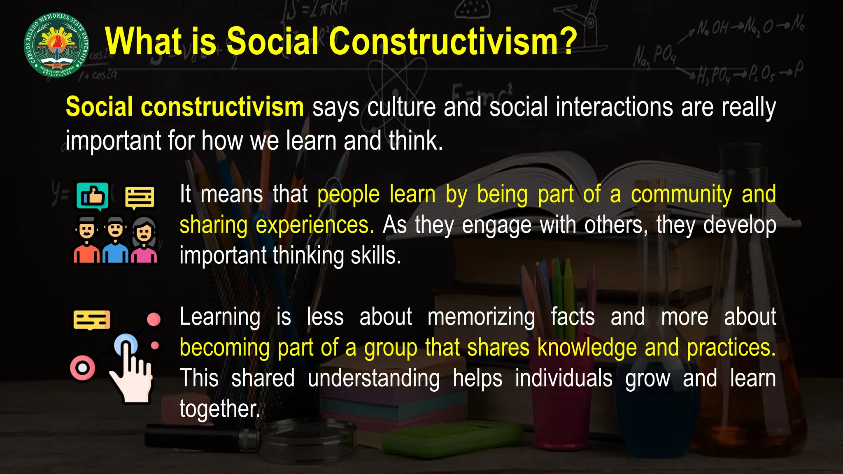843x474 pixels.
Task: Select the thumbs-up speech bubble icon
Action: click(x=93, y=196)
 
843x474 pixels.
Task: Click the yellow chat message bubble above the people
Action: click(x=140, y=197)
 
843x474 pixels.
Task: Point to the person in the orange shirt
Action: click(x=86, y=240)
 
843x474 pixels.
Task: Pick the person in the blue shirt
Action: click(x=115, y=240)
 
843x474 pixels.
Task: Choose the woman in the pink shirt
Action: click(x=144, y=240)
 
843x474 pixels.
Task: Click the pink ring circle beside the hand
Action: click(x=83, y=367)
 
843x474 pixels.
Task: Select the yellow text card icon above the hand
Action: click(x=92, y=320)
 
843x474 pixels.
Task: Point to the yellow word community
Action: click(x=681, y=195)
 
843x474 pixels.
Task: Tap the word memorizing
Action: click(x=481, y=317)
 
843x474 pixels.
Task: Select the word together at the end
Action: click(x=220, y=409)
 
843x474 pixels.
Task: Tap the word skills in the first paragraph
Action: click(x=375, y=256)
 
